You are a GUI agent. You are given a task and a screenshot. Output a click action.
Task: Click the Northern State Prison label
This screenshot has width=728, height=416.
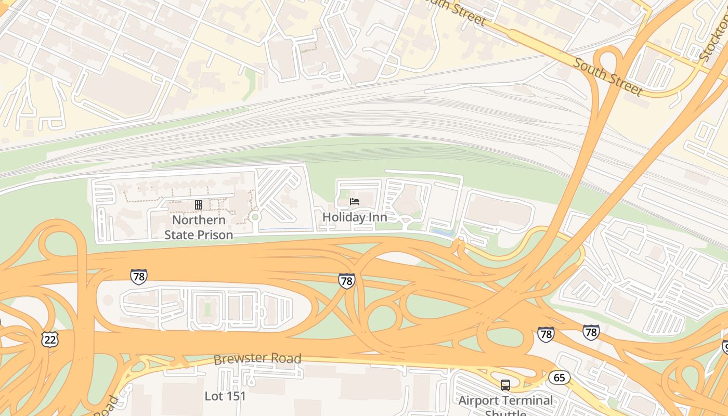tap(199, 227)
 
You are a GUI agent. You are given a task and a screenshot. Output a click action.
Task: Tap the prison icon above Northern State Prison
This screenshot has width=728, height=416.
tap(199, 205)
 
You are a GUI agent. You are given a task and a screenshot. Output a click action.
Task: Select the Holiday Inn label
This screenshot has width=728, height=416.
tap(355, 217)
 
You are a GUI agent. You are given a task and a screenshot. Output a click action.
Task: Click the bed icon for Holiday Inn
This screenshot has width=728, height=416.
tap(355, 202)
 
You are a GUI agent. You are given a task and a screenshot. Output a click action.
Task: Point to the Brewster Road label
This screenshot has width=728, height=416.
tap(257, 359)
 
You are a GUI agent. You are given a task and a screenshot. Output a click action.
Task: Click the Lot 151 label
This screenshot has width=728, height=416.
tap(225, 396)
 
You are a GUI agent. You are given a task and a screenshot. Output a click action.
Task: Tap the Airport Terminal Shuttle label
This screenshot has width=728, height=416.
tap(505, 403)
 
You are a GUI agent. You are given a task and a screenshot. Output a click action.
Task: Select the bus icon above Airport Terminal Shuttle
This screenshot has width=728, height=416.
tap(505, 385)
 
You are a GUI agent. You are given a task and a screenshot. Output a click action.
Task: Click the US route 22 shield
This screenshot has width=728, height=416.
tap(50, 340)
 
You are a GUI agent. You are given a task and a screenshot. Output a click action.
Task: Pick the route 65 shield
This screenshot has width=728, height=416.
tap(559, 378)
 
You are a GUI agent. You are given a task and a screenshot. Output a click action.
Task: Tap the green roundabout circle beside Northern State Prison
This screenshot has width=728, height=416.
tap(255, 216)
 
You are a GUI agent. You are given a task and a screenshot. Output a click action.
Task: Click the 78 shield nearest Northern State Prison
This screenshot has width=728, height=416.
tap(138, 277)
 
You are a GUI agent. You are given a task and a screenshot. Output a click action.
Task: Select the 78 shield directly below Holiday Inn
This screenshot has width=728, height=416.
tap(346, 281)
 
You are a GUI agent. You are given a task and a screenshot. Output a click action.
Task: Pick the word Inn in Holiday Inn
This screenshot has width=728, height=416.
tap(378, 217)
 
